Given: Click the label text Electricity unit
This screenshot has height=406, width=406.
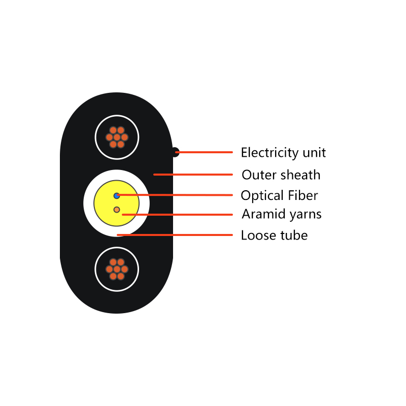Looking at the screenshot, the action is [x=283, y=153].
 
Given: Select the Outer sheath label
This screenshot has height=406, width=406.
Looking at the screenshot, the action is [x=281, y=175].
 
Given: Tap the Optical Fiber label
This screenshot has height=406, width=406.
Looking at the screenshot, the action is [x=279, y=195].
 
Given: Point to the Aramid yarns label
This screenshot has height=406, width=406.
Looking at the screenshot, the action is [x=282, y=214].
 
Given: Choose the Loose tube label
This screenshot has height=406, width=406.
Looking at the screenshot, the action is [x=274, y=235].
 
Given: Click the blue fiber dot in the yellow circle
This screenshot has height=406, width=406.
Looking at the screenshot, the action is [x=117, y=196].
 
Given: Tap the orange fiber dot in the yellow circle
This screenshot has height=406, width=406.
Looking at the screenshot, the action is [x=117, y=210].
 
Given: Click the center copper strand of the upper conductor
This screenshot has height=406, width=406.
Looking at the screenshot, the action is [x=117, y=137].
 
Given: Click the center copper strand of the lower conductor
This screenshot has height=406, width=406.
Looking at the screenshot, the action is [x=117, y=269].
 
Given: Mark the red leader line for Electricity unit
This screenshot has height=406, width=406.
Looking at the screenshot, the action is [x=204, y=152].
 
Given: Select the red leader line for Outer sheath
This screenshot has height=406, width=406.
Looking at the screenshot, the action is [x=193, y=175].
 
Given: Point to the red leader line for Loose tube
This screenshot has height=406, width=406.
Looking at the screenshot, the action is [x=175, y=235].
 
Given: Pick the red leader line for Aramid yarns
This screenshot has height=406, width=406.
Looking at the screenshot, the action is [x=177, y=215].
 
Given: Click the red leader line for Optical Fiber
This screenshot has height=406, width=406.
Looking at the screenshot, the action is [x=175, y=195].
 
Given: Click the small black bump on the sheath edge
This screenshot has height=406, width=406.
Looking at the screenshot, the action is [x=176, y=152].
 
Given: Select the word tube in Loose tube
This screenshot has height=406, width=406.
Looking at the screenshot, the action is [x=294, y=235].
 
